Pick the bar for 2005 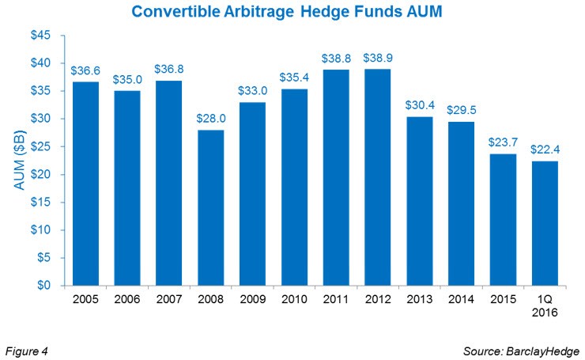click(86, 184)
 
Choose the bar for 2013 click(419, 201)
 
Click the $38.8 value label click(336, 59)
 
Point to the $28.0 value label click(211, 119)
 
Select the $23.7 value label click(502, 142)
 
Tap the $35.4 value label click(294, 78)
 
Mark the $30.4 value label click(419, 105)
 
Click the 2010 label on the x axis click(294, 301)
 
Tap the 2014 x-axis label click(460, 301)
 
